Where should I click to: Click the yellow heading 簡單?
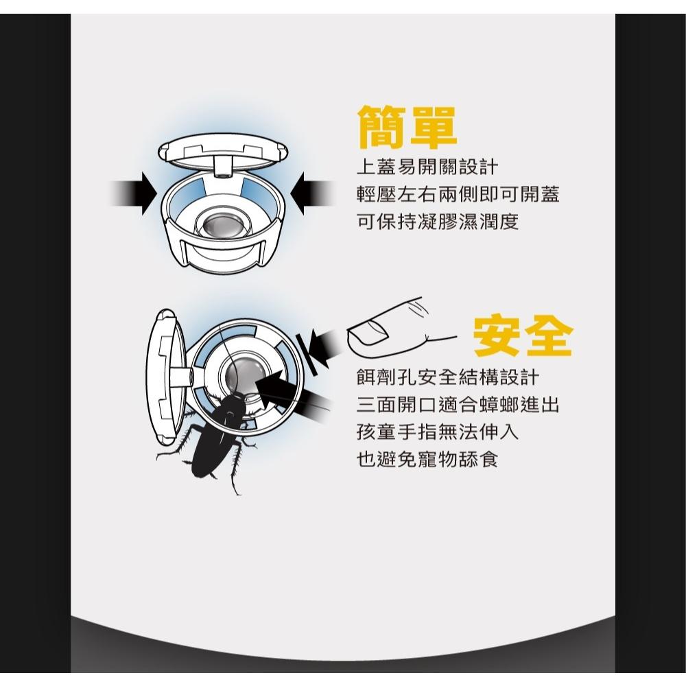click(x=407, y=127)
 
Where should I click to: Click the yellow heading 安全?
click(x=523, y=335)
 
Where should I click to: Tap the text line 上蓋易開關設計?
click(x=427, y=167)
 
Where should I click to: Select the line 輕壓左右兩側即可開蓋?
click(x=458, y=194)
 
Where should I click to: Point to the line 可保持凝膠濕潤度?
click(x=438, y=222)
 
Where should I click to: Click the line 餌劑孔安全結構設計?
click(x=448, y=377)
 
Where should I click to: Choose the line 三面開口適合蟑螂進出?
click(x=458, y=405)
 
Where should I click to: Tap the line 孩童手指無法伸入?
click(x=438, y=432)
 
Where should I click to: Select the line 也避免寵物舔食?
click(x=427, y=460)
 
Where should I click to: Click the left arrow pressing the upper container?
click(x=134, y=193)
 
